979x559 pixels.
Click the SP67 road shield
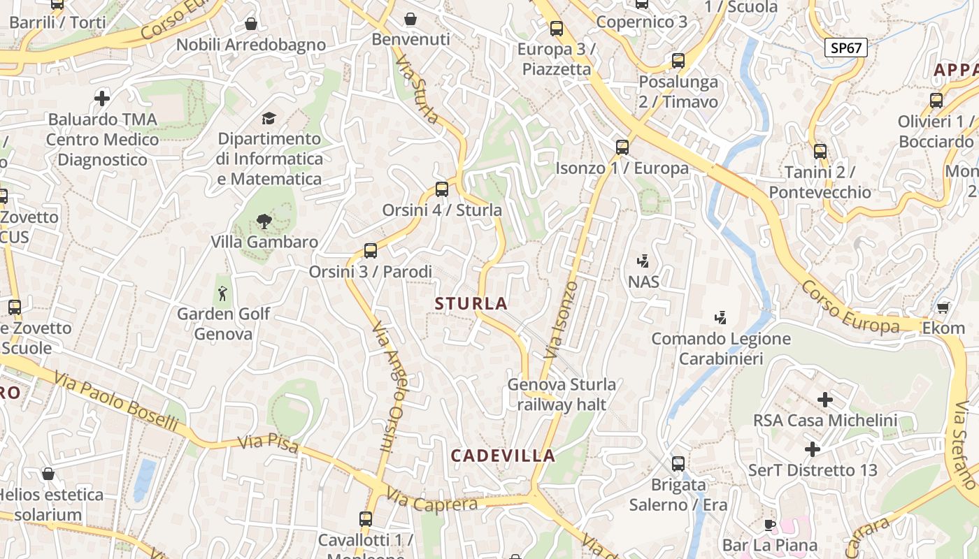pos(846,48)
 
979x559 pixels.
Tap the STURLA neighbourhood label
pos(471,303)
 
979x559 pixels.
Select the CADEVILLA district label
pos(503,456)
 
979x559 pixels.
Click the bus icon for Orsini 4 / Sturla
pos(442,189)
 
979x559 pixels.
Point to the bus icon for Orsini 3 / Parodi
pos(371,250)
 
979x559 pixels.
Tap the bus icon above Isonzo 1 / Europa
pos(622,147)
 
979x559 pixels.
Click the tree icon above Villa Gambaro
pos(264,222)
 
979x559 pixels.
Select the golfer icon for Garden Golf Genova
pos(223,293)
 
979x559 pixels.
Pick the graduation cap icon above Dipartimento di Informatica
pos(269,118)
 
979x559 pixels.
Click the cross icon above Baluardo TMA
pos(102,98)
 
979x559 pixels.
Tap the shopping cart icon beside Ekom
pos(943,307)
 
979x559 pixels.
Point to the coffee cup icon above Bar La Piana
pos(770,525)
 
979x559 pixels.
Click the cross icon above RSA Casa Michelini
pos(825,400)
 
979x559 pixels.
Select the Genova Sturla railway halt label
pos(562,394)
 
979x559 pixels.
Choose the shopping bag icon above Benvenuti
pos(410,19)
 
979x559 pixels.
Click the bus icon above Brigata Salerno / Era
pos(678,463)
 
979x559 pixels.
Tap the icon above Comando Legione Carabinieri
pos(720,318)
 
